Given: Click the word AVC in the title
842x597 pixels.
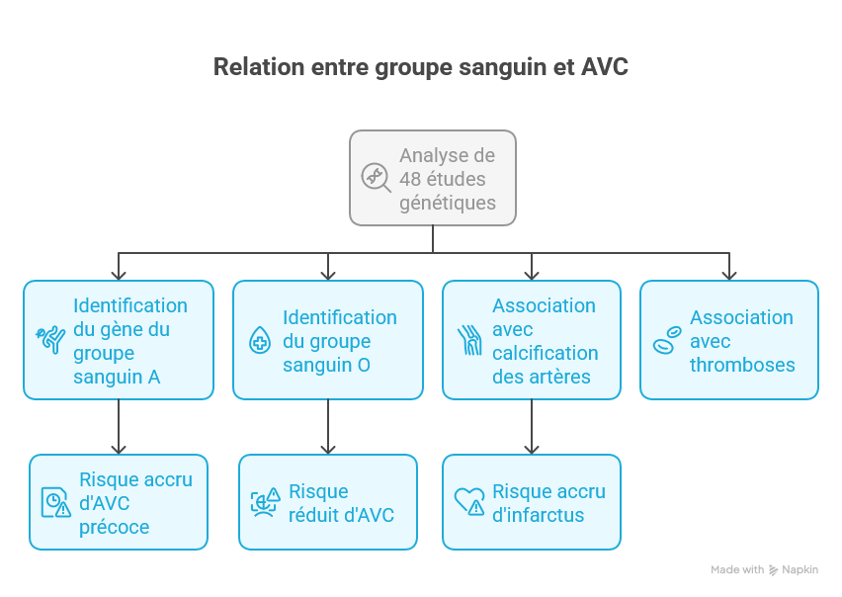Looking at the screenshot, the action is [x=604, y=67].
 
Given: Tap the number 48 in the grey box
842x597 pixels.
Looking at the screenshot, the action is [x=411, y=179].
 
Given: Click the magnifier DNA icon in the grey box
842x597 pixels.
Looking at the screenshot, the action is [x=376, y=177].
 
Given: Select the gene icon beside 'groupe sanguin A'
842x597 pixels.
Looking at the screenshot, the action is [x=50, y=339].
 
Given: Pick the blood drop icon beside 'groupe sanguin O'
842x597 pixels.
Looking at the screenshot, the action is [x=260, y=340].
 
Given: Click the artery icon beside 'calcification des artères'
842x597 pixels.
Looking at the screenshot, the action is [x=469, y=340].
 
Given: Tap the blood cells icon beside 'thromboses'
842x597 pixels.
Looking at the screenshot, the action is [x=667, y=340].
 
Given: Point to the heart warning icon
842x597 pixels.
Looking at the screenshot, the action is [x=469, y=501].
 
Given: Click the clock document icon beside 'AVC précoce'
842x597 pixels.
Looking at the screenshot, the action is [x=56, y=502].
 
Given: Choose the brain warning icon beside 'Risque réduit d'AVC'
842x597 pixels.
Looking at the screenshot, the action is [x=265, y=502].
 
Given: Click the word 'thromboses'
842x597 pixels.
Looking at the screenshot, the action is [x=742, y=365].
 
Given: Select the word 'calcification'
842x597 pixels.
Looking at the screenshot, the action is [x=546, y=353].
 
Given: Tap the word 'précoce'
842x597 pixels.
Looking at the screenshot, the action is [x=114, y=527].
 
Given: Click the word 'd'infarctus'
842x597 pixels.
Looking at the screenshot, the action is [x=538, y=515].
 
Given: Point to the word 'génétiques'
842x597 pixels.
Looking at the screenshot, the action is [x=448, y=203].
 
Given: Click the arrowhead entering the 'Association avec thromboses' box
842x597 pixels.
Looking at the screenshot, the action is [x=729, y=275].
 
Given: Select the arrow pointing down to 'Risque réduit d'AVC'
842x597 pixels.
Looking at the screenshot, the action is [x=328, y=427].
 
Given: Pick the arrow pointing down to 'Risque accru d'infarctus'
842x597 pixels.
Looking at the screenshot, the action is [x=532, y=427].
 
